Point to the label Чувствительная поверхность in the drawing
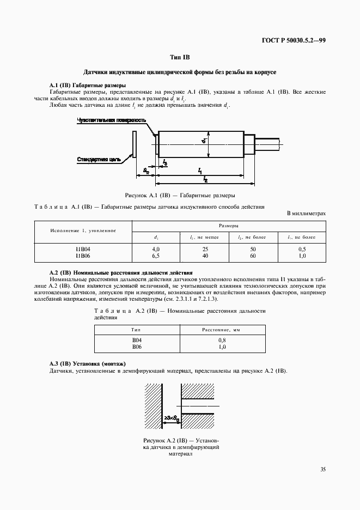click(112, 120)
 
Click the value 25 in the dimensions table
click(204, 249)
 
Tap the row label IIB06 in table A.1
click(83, 255)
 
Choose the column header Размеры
click(228, 224)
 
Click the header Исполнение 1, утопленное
click(83, 230)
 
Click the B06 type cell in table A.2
click(137, 345)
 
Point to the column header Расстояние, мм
click(222, 330)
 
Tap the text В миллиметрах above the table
click(306, 213)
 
